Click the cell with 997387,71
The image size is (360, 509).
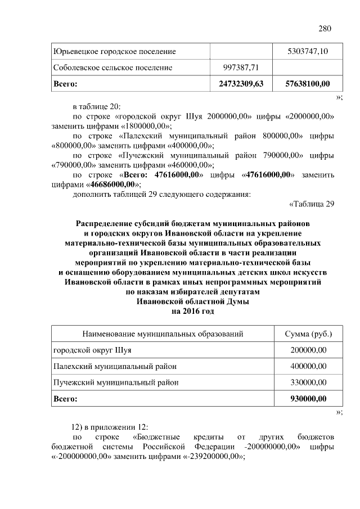click(x=240, y=67)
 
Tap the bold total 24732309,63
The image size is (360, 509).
click(x=240, y=84)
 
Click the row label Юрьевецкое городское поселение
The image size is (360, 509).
click(x=114, y=52)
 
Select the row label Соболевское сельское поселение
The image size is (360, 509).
click(x=112, y=67)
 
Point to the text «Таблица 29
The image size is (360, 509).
click(x=311, y=204)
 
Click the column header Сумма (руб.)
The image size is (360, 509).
click(x=308, y=334)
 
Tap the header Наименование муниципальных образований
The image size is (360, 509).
click(x=163, y=334)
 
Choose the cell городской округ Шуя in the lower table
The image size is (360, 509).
click(x=92, y=350)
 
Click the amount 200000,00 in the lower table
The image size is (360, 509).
click(x=308, y=350)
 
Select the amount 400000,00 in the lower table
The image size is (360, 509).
click(x=308, y=366)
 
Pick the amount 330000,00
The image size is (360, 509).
click(x=308, y=382)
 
